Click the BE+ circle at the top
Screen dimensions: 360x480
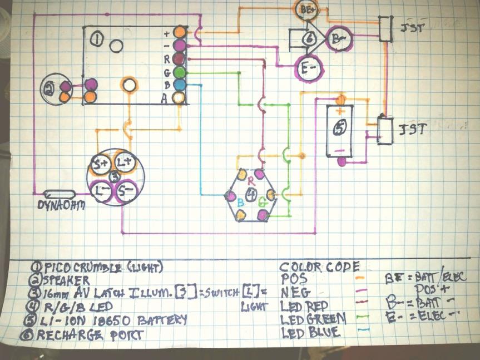(x=305, y=9)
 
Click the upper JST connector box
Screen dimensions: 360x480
(x=385, y=28)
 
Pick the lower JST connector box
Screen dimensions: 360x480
(x=384, y=129)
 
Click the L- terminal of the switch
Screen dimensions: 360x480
(x=102, y=191)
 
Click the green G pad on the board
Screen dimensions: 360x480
(x=179, y=72)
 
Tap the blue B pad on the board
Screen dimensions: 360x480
(x=179, y=85)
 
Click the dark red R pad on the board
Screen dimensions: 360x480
(x=179, y=58)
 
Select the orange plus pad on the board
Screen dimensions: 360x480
(x=179, y=32)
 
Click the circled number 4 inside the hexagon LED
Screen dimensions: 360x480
(x=251, y=195)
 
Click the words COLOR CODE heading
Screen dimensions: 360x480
(x=319, y=267)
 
